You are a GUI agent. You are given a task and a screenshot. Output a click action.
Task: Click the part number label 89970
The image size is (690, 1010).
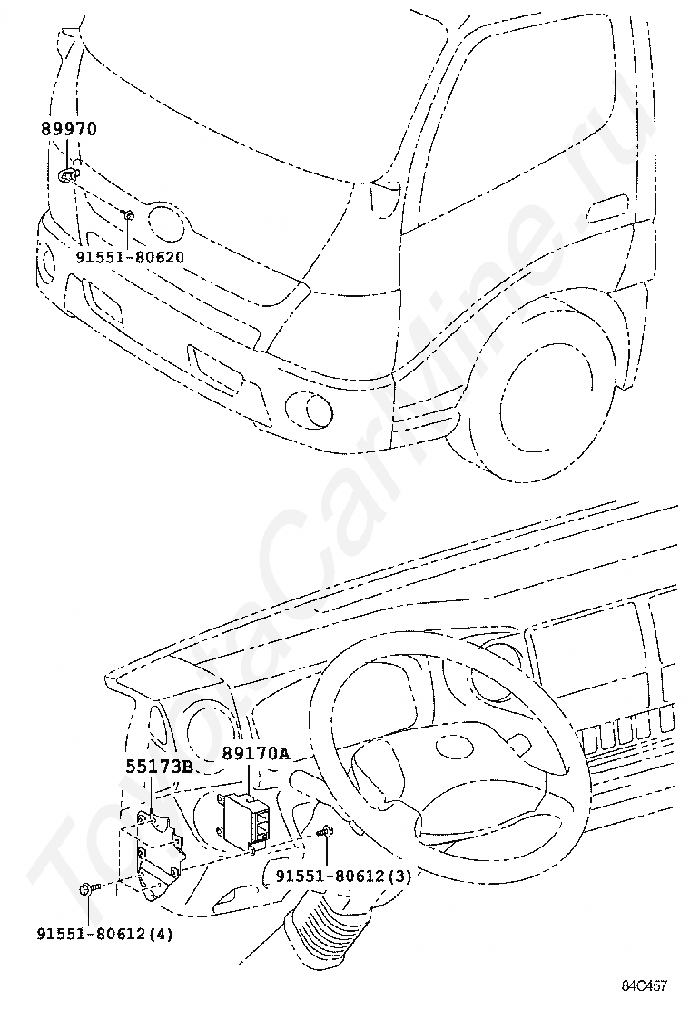(x=69, y=129)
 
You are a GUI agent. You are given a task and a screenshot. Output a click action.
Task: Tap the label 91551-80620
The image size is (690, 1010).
(x=130, y=257)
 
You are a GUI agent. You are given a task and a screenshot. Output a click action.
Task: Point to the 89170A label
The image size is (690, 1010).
(x=256, y=753)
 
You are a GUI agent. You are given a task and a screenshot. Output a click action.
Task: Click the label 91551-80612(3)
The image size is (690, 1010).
(x=344, y=876)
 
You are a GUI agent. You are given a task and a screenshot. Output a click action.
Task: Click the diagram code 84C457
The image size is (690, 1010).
(x=645, y=985)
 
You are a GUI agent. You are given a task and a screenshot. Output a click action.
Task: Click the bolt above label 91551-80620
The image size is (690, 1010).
(x=127, y=214)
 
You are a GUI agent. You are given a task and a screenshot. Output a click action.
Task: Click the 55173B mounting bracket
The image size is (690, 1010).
(x=158, y=854)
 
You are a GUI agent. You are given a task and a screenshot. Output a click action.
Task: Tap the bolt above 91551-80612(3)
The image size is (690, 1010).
(x=326, y=832)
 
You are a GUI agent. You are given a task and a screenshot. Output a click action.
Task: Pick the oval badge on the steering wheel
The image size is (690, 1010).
(x=456, y=748)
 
